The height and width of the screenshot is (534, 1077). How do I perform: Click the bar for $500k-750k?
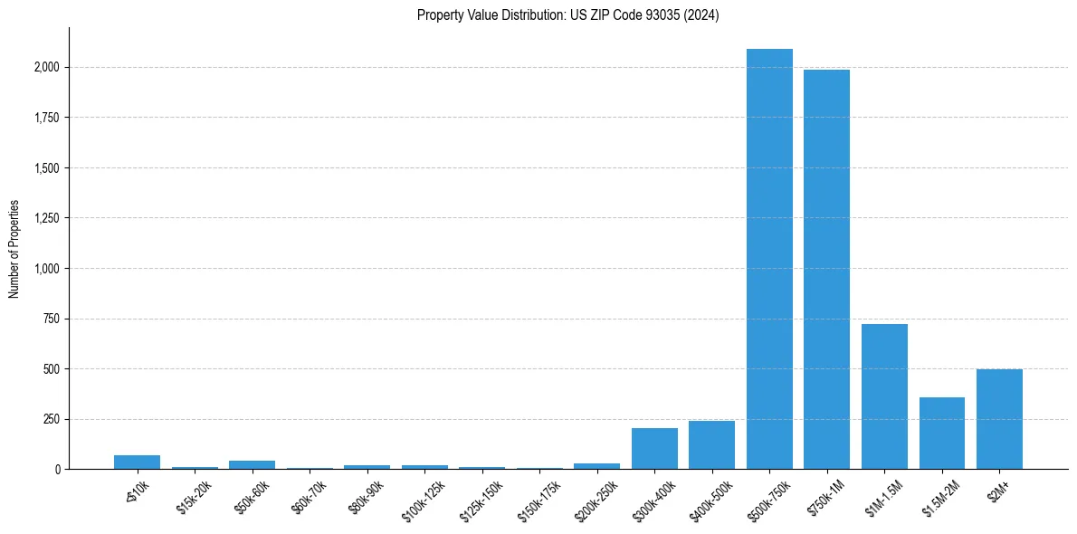[x=769, y=259]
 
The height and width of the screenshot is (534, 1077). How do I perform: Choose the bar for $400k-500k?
[x=711, y=444]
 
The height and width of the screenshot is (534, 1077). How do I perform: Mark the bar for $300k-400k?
[x=654, y=448]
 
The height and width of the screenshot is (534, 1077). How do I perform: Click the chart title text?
[x=567, y=15]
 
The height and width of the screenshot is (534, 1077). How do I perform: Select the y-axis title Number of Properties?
[x=14, y=248]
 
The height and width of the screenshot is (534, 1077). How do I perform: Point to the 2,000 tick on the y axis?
[x=47, y=68]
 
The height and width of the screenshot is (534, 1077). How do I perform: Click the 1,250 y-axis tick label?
[x=47, y=218]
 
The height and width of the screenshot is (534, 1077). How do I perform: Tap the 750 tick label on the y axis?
[x=52, y=319]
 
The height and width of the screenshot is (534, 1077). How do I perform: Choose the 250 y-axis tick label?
[x=52, y=419]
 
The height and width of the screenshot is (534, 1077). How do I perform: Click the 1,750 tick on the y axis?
[x=47, y=118]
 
